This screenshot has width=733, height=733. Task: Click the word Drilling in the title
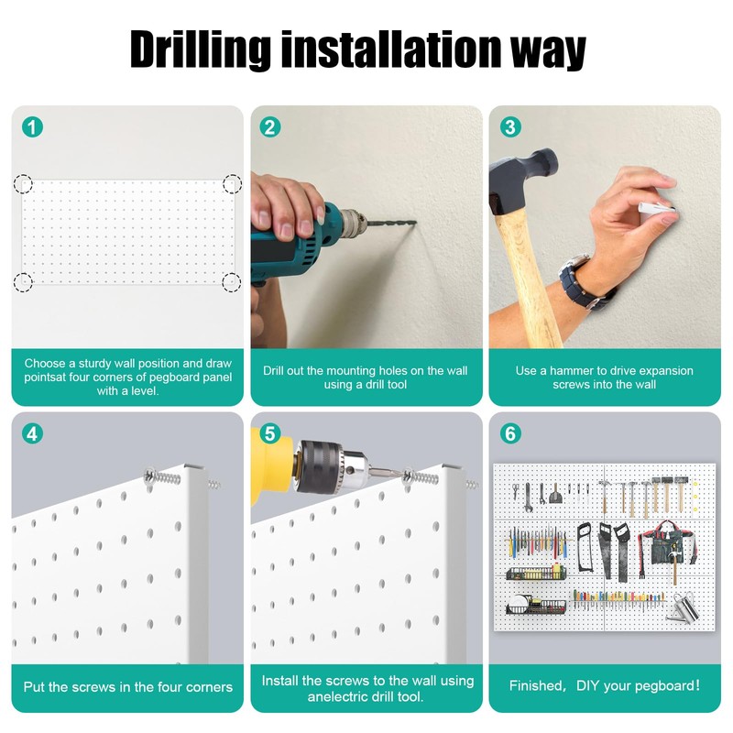(200, 49)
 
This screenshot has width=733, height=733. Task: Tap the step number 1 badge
(32, 126)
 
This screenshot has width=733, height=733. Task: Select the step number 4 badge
(32, 433)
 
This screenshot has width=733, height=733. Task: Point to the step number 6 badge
(510, 433)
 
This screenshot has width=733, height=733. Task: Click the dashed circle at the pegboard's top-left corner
(23, 184)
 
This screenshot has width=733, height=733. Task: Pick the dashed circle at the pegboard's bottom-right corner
(231, 282)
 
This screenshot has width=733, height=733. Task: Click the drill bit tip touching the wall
(414, 223)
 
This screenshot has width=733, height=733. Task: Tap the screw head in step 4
(150, 476)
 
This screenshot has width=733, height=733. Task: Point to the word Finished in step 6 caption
(537, 685)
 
